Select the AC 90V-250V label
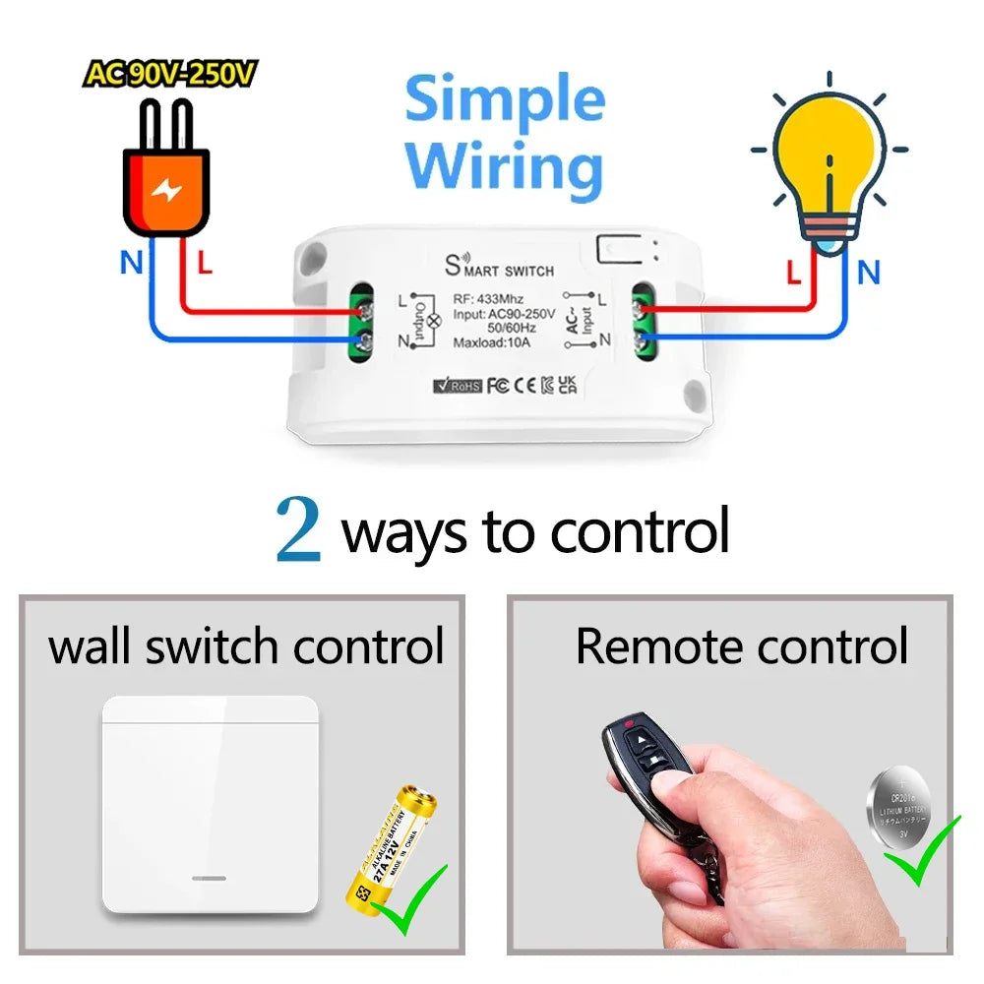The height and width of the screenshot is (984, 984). click(169, 74)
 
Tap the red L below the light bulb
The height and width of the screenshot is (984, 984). click(794, 273)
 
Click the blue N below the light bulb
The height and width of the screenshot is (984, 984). click(868, 273)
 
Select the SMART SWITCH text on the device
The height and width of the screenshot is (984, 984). click(501, 267)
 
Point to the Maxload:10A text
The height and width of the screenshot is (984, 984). click(492, 341)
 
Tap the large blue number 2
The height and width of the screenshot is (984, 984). click(298, 530)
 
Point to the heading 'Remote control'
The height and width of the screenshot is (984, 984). click(741, 646)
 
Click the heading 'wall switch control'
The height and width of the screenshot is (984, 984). click(246, 646)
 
